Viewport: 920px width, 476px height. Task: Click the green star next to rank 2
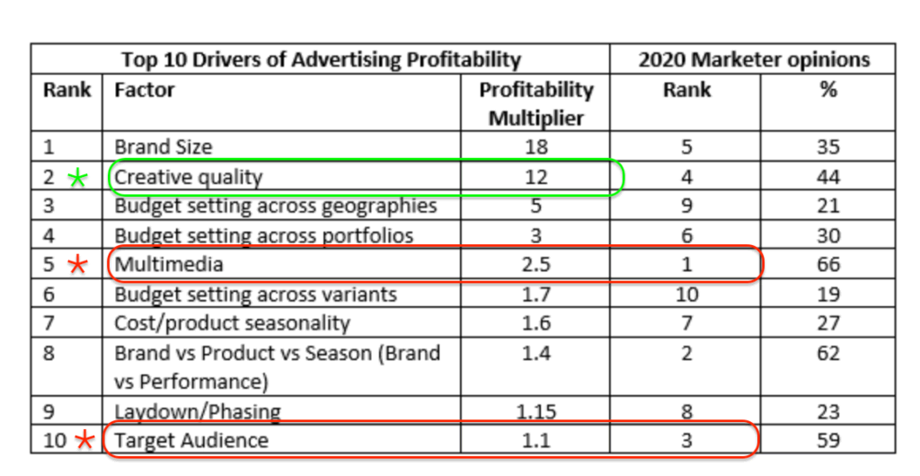click(x=78, y=177)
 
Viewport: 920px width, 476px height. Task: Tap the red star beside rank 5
click(x=79, y=266)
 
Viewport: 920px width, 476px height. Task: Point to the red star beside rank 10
click(x=85, y=440)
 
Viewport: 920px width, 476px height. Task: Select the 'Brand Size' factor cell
click(x=163, y=146)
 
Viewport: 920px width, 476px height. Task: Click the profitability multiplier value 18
click(x=535, y=146)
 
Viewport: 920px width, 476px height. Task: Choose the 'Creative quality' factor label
click(x=188, y=176)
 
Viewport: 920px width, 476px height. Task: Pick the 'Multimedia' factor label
click(x=168, y=265)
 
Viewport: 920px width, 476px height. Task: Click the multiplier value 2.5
click(x=535, y=265)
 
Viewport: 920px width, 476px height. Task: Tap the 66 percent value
click(x=827, y=265)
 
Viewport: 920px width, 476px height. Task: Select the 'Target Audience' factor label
click(x=190, y=440)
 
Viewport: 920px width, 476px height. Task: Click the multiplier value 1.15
click(x=535, y=411)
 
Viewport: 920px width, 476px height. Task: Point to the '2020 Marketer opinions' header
click(x=753, y=60)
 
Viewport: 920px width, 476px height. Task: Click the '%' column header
click(x=827, y=91)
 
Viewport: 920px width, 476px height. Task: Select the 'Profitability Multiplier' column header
click(x=535, y=103)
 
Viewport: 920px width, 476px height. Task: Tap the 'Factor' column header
click(x=144, y=91)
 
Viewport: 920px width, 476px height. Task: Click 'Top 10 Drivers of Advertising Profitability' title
click(x=321, y=60)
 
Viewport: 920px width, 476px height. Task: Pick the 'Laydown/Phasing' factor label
click(x=197, y=411)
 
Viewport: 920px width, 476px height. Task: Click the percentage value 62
click(x=827, y=353)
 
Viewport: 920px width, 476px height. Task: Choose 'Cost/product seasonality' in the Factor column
click(x=232, y=323)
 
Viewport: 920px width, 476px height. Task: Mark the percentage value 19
click(x=827, y=295)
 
